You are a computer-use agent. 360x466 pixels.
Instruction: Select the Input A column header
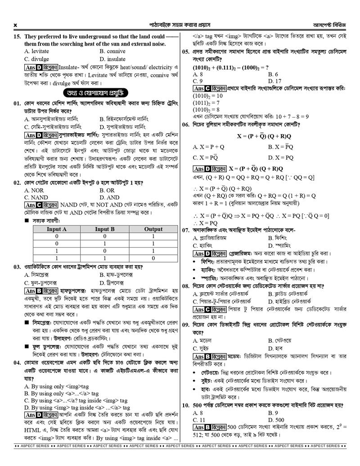tap(57, 229)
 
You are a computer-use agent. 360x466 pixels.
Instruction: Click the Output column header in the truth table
tap(153, 229)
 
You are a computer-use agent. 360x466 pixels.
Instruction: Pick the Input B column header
tap(104, 229)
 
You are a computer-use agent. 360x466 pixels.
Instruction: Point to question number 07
tap(185, 230)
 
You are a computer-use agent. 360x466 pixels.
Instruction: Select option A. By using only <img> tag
tap(56, 386)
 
